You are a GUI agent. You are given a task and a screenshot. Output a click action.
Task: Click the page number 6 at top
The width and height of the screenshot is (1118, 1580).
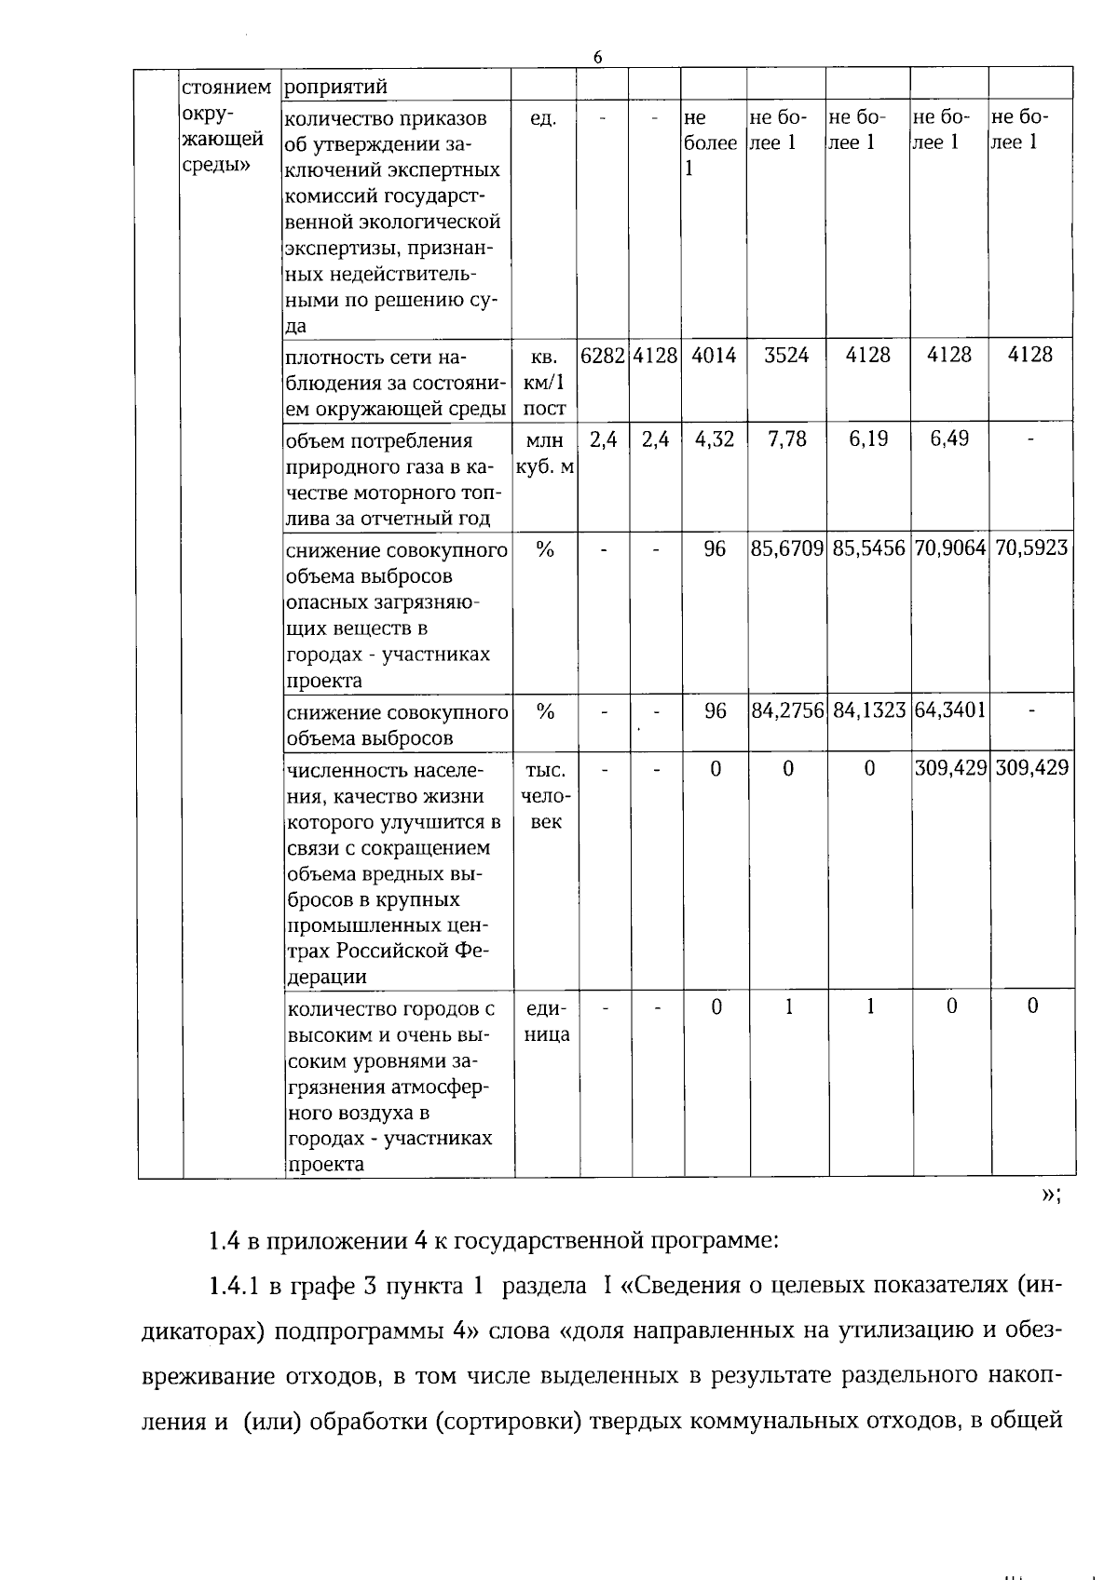[597, 57]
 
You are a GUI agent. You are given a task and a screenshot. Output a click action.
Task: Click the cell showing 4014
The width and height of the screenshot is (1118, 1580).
[715, 355]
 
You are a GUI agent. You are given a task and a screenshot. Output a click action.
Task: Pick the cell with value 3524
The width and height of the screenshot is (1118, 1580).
[787, 355]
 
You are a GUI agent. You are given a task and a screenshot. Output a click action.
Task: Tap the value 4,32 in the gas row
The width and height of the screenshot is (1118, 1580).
[715, 439]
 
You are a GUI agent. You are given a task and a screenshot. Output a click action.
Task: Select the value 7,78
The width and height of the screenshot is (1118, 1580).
[787, 439]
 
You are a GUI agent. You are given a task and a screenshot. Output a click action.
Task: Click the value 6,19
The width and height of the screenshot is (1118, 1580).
[868, 439]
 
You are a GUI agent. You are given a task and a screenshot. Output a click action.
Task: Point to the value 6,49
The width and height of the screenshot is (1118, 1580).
[949, 439]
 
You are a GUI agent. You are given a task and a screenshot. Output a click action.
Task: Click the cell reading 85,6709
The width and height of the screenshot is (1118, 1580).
[787, 548]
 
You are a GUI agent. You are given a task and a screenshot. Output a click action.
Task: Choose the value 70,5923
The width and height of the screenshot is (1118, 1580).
[1031, 548]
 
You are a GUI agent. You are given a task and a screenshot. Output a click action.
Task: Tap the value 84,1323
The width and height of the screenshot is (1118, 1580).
[868, 711]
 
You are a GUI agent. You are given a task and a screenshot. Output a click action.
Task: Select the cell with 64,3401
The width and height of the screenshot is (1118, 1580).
[949, 711]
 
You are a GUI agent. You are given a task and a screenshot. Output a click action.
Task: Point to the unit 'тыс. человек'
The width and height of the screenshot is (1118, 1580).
[545, 796]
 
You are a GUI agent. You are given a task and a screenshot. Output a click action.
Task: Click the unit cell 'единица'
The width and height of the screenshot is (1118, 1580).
[546, 1021]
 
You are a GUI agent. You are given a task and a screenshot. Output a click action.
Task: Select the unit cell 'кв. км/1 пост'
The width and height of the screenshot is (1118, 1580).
[545, 383]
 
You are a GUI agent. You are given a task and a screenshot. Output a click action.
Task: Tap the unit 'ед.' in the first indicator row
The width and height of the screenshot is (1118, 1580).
[543, 119]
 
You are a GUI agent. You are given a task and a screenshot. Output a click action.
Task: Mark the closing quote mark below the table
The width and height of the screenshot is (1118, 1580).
[1049, 1195]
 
